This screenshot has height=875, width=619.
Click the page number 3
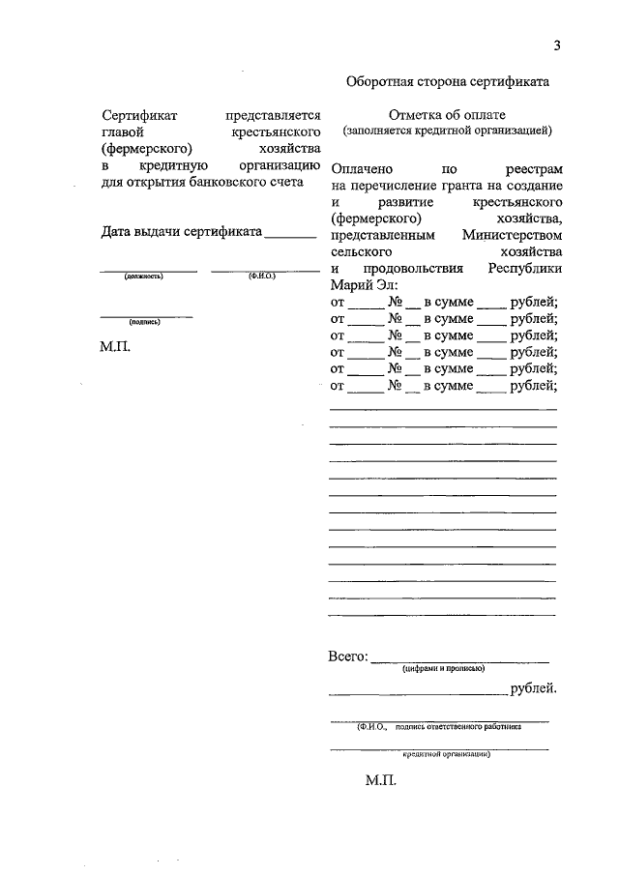557,45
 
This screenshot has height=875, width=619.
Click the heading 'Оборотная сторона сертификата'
448,82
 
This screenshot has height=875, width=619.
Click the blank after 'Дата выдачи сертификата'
290,232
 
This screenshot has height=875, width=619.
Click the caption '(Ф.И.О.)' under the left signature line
262,277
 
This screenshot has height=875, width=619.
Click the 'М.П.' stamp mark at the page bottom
382,780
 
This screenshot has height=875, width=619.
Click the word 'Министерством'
512,235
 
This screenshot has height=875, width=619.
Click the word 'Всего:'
348,657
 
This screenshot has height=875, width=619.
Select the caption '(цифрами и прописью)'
444,668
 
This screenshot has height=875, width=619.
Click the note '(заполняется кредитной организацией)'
446,129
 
